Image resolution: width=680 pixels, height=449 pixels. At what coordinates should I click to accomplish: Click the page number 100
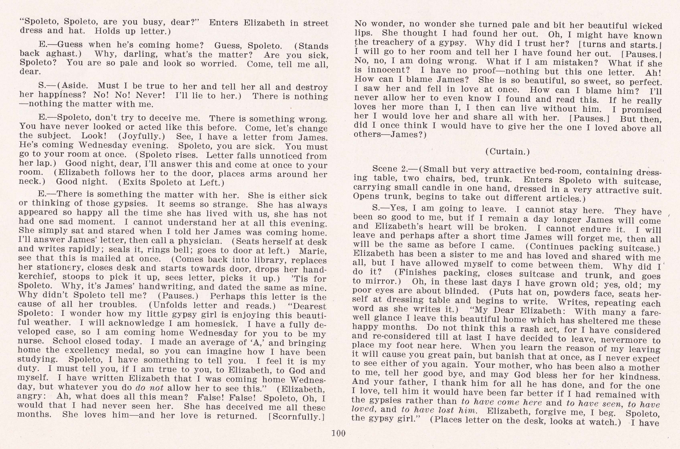(338, 433)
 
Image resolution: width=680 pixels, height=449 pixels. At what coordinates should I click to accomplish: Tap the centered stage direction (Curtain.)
(507, 152)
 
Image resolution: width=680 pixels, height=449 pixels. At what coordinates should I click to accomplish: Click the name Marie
(312, 251)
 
